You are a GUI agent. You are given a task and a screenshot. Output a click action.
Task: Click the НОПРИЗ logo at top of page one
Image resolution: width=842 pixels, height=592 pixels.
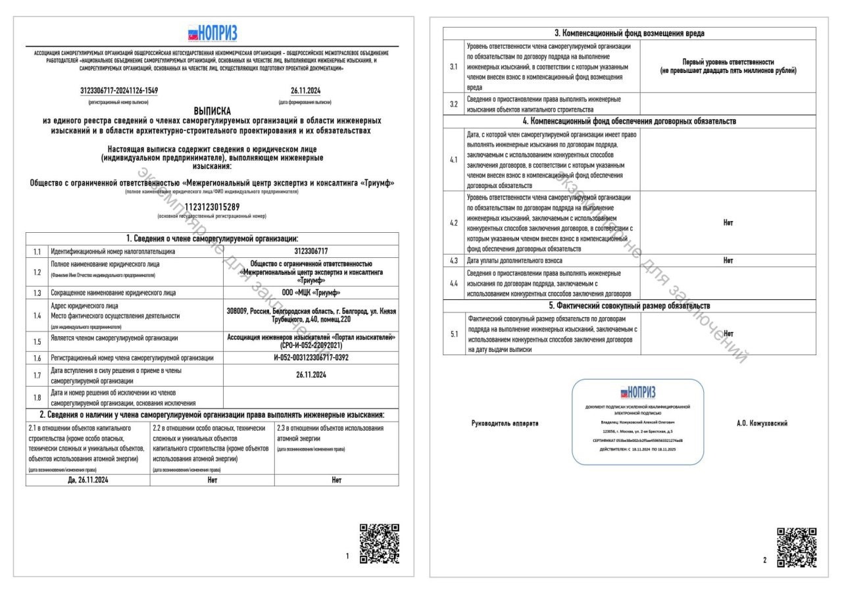point(212,34)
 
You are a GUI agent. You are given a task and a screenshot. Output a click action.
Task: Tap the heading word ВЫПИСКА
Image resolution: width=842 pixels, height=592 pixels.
point(212,111)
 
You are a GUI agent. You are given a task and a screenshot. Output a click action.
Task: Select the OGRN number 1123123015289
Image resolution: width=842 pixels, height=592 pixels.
point(212,207)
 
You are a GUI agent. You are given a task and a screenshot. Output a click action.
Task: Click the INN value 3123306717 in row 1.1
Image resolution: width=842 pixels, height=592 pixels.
point(311,251)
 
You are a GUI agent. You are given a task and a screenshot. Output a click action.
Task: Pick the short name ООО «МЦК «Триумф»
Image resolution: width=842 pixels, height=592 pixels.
point(311,293)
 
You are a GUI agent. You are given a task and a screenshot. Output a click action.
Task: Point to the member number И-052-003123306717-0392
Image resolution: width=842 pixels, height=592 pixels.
point(311,358)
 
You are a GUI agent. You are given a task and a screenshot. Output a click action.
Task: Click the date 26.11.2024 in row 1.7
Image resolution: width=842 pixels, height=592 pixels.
point(311,376)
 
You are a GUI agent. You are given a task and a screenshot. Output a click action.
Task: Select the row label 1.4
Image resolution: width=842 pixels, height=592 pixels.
point(37,316)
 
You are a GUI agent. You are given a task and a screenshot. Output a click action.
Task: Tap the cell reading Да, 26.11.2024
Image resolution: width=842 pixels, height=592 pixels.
point(87,480)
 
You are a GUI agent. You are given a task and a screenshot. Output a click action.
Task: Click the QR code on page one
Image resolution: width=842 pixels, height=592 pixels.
point(380,543)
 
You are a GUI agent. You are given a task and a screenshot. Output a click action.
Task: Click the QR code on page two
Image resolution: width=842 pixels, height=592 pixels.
point(797,547)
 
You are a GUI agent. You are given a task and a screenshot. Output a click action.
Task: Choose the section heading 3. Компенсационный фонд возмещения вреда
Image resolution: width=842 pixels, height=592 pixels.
point(629,34)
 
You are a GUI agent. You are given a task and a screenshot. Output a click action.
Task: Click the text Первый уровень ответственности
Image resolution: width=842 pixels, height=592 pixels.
point(728,62)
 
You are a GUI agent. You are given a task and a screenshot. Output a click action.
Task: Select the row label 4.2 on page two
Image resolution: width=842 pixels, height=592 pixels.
point(453,223)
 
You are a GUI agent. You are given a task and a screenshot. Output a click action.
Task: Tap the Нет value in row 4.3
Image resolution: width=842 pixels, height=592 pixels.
point(728,260)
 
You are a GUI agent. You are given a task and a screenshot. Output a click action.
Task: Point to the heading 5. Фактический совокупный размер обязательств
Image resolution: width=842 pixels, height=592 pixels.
point(629,306)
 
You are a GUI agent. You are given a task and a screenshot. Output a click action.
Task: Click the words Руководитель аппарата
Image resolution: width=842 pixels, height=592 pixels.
point(505,423)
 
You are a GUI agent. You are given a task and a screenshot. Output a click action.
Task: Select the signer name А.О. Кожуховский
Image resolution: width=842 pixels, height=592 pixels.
point(762,423)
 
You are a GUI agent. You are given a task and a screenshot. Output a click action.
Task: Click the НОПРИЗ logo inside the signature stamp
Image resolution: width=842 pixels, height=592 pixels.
point(637,393)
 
